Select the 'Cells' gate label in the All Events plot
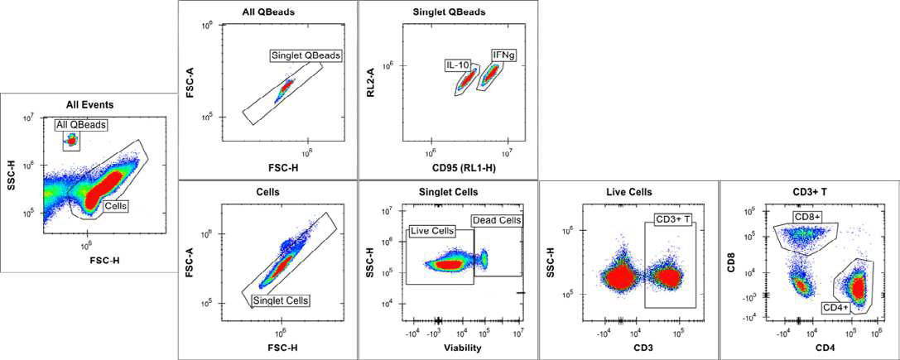[x=114, y=205]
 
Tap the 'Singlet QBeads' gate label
[x=306, y=55]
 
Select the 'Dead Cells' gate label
[x=497, y=220]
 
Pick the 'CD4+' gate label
[x=835, y=307]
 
